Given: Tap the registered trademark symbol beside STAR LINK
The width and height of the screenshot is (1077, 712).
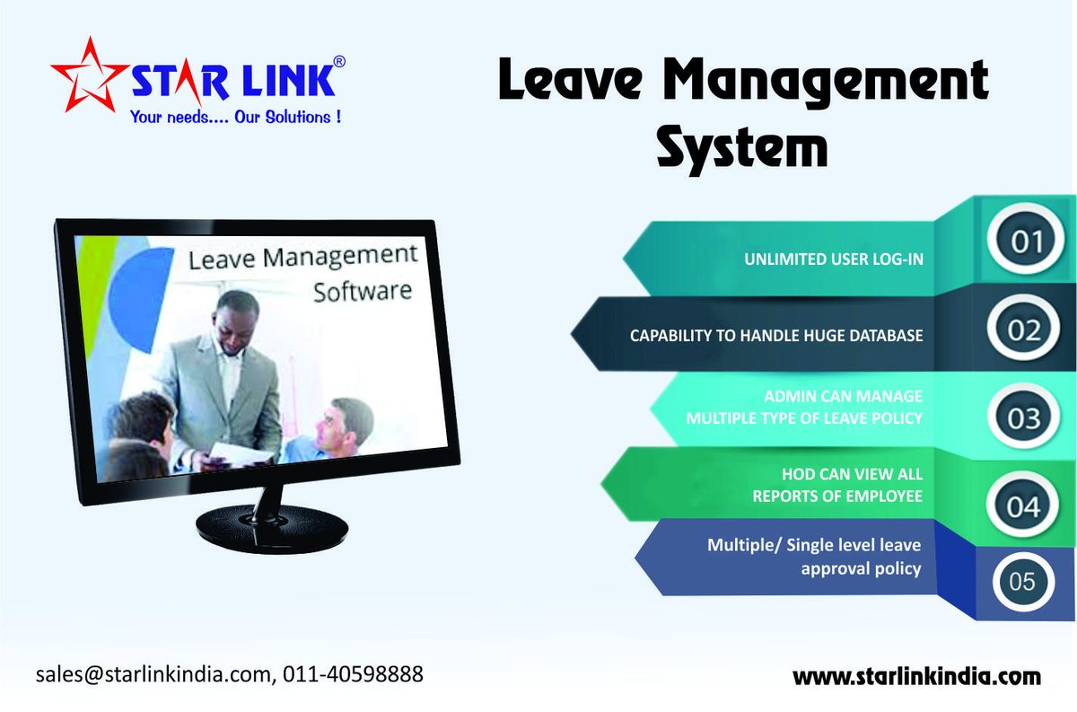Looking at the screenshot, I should [338, 61].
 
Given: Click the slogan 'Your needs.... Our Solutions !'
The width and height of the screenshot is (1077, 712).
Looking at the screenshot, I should [235, 117].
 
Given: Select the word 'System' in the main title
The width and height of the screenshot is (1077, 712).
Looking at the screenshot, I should [741, 149].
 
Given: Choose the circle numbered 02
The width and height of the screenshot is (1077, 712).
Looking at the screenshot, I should [1022, 331].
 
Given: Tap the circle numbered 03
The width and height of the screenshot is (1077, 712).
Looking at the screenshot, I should [1022, 419].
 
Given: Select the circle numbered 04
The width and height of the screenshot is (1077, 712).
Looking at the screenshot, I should [1022, 507].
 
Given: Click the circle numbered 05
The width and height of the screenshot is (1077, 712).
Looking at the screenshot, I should [1022, 582].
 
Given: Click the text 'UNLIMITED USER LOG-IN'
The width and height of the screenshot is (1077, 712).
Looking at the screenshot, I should [834, 259].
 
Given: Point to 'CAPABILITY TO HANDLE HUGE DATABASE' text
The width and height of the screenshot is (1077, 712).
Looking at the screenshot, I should [776, 336].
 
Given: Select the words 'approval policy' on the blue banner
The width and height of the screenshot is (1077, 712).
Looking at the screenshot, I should [861, 568].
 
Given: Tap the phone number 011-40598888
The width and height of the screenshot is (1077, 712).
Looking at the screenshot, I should [353, 673].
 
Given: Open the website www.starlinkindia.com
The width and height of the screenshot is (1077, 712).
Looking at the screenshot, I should [916, 676].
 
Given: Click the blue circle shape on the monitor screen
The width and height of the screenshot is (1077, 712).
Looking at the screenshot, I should [139, 287].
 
